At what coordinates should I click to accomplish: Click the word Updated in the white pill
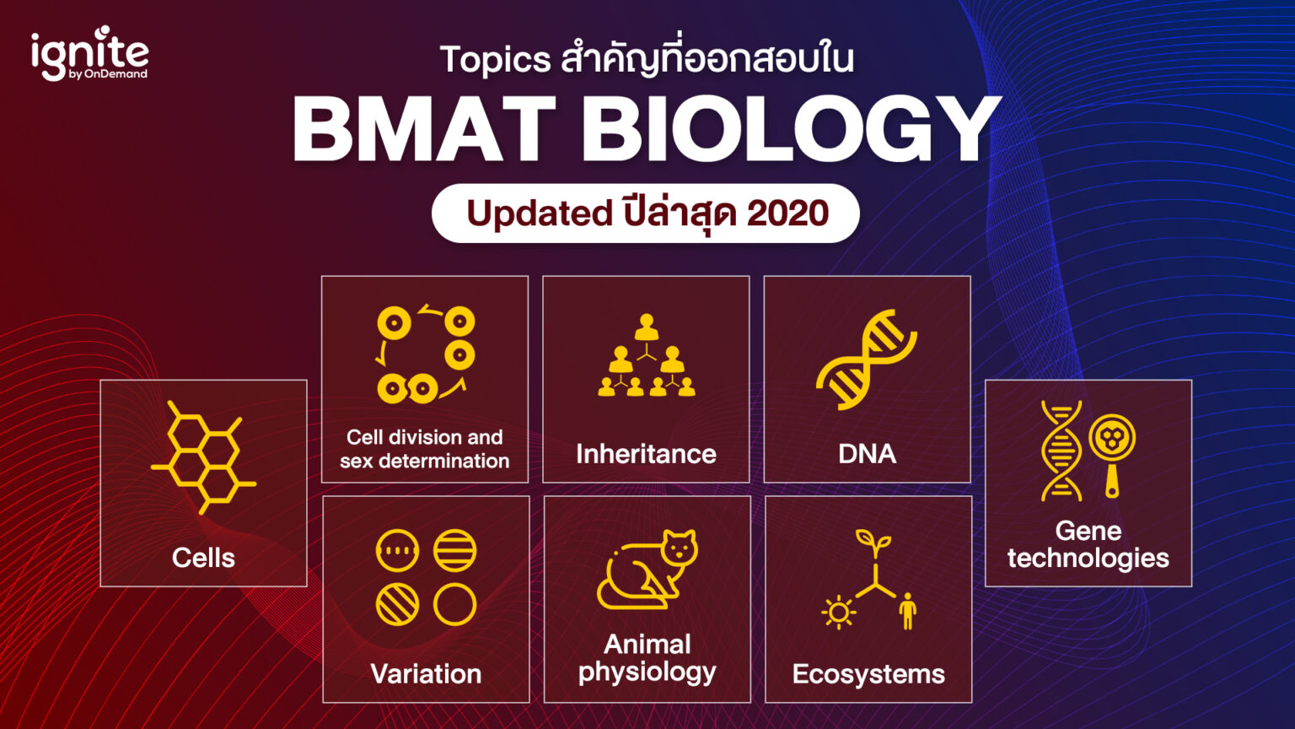539,213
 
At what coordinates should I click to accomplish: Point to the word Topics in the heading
495,60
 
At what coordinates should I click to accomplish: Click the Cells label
203,558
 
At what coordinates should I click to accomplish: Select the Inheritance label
646,454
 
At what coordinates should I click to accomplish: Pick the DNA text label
867,454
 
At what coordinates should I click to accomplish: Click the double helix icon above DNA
867,359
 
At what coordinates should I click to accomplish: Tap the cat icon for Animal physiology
647,570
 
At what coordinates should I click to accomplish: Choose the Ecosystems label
868,674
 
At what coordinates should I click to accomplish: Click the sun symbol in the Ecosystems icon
838,613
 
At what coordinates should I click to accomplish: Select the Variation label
426,673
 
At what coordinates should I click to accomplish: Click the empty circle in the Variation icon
455,604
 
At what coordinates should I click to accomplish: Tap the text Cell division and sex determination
425,449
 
